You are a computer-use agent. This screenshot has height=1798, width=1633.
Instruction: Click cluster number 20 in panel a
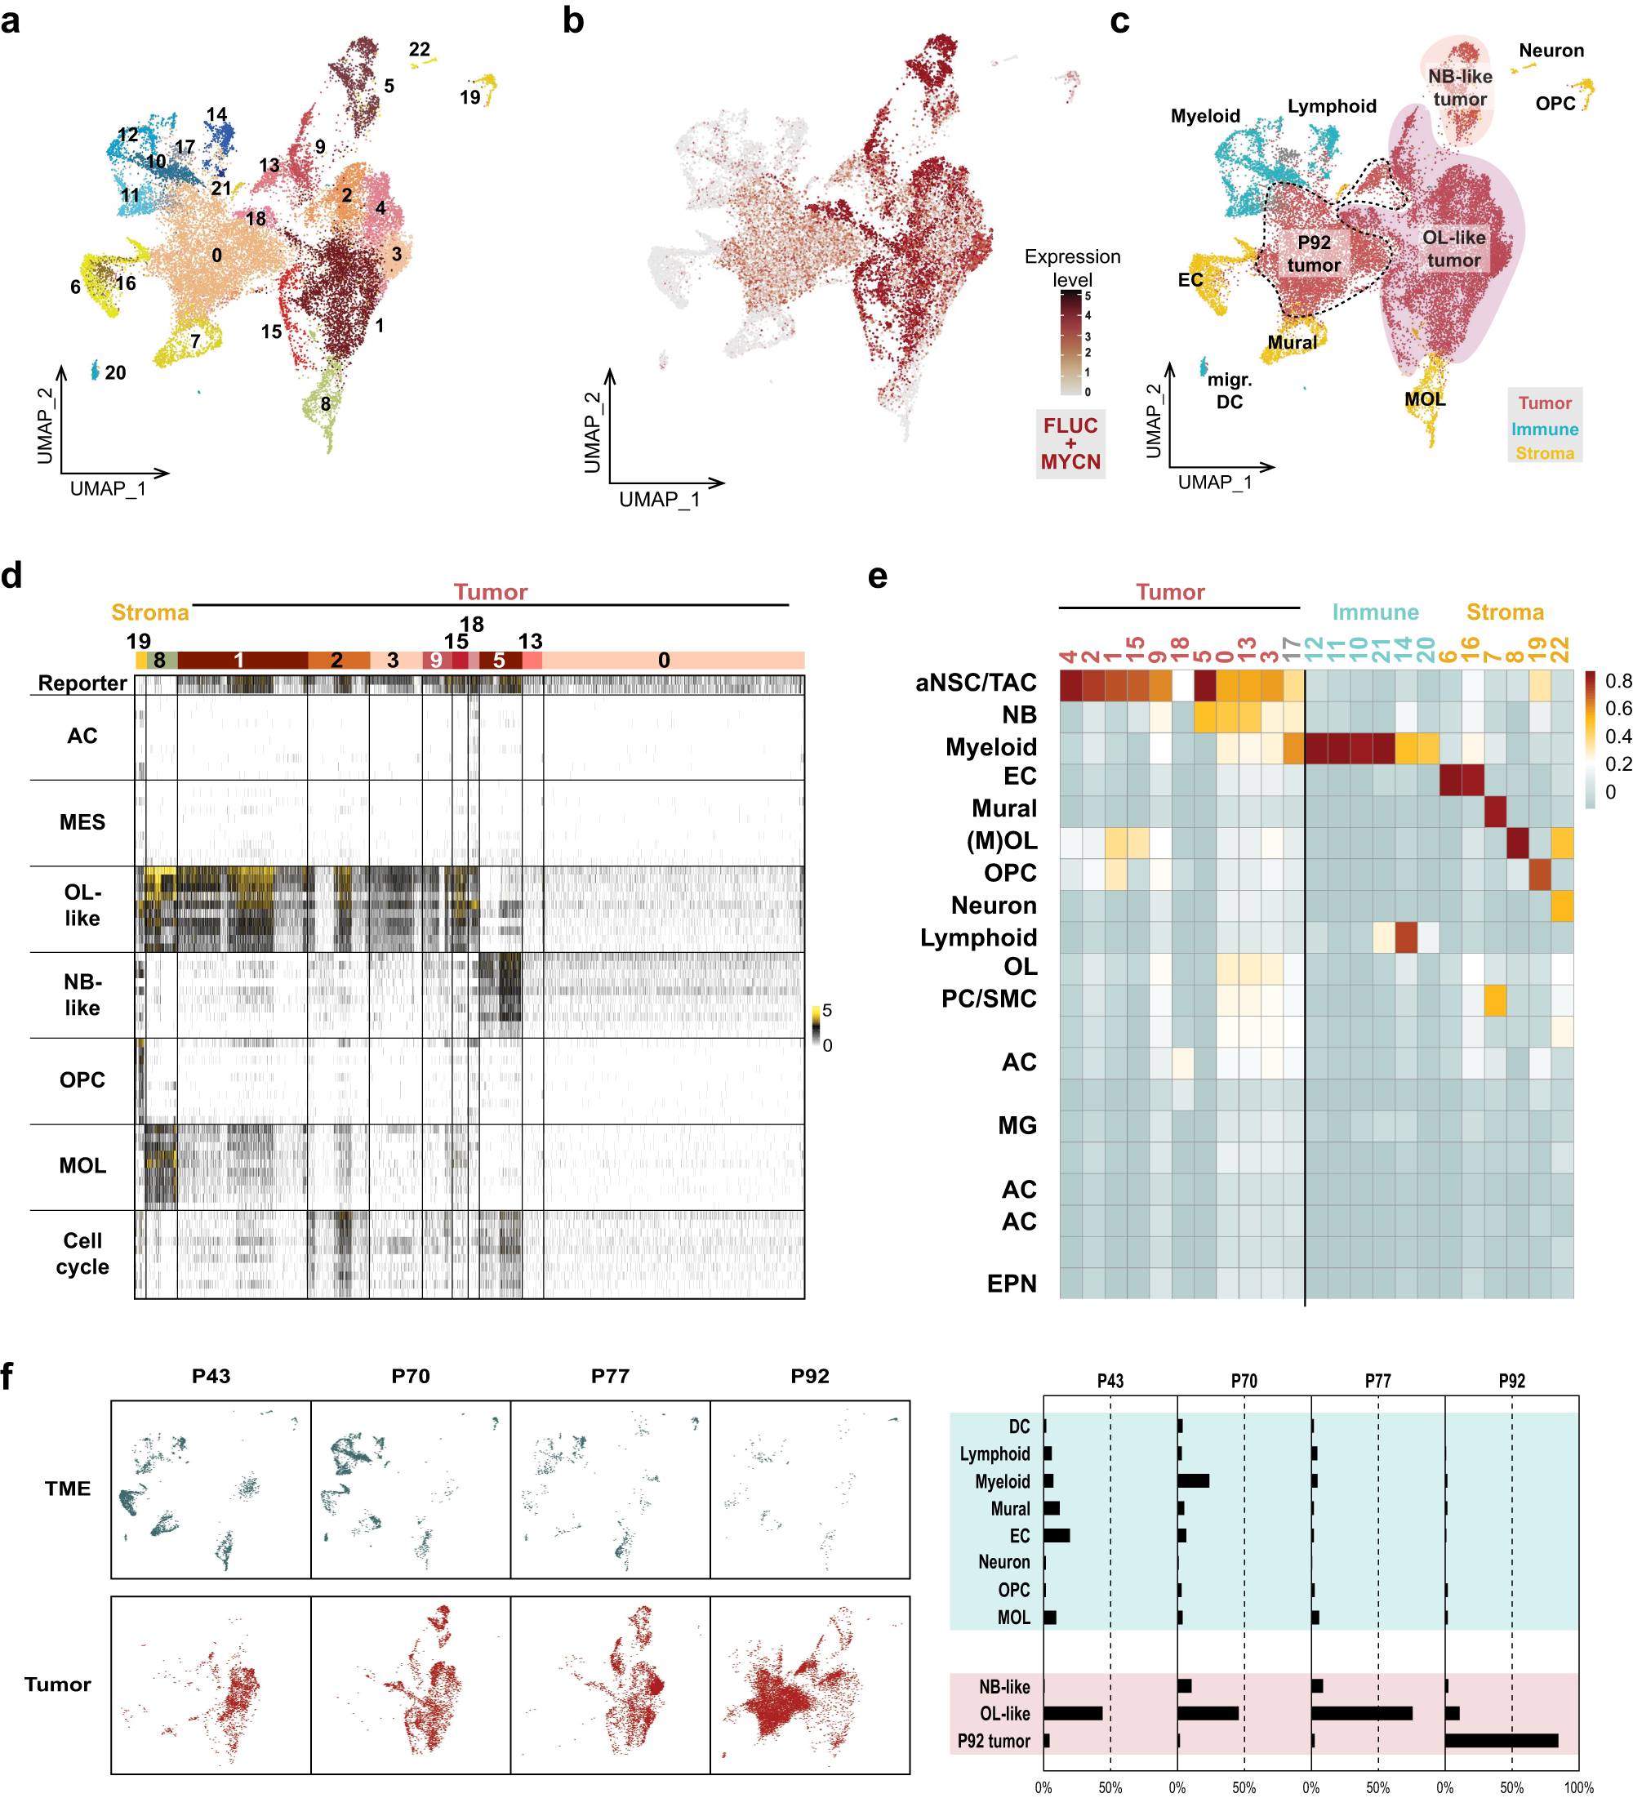tap(115, 373)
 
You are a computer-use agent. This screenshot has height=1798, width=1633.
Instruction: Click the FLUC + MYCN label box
tap(1070, 444)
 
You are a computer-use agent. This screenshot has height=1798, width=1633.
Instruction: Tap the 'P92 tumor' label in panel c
tap(1313, 254)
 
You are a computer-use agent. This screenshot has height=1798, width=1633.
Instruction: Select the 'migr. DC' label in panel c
tap(1229, 390)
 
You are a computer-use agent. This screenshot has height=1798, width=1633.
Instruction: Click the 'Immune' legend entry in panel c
tap(1544, 429)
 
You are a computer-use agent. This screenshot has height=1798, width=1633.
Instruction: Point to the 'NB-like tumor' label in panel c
tap(1459, 87)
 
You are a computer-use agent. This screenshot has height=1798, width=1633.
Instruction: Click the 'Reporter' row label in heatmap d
tap(82, 683)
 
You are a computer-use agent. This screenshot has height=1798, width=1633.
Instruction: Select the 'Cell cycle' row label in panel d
tap(82, 1253)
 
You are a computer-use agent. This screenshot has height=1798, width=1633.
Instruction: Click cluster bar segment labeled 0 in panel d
tap(664, 660)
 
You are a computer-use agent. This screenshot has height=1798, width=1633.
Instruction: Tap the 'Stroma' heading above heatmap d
tap(150, 612)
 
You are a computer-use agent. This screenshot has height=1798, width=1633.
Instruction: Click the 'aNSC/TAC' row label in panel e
tap(976, 683)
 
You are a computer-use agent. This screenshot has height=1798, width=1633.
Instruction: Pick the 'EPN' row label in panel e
tap(1012, 1284)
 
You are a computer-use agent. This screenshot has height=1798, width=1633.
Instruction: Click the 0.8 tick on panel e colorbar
tap(1617, 681)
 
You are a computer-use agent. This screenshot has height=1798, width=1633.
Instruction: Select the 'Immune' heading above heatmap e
tap(1374, 612)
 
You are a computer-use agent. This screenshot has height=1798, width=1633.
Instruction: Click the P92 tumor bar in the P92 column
tap(1500, 1740)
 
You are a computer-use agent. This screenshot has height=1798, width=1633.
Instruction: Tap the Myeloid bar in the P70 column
tap(1192, 1480)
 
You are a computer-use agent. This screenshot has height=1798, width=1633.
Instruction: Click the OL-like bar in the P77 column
tap(1361, 1713)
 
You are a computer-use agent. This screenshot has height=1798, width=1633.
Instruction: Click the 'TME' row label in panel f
tap(68, 1489)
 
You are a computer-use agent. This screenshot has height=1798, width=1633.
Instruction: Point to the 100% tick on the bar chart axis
tap(1577, 1787)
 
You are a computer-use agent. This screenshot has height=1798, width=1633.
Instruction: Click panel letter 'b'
tap(572, 20)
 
